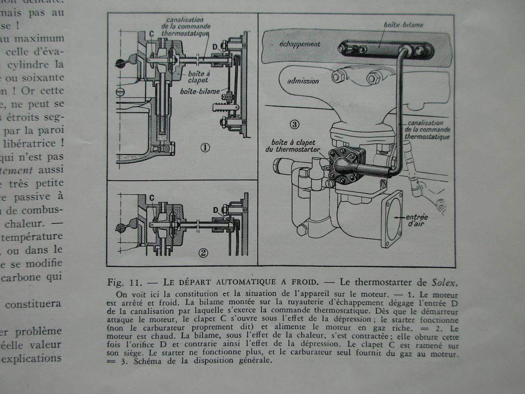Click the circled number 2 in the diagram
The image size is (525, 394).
tap(203, 253)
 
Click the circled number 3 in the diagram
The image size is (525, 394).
tap(294, 124)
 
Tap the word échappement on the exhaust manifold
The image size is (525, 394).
tap(300, 44)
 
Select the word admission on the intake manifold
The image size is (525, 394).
tap(303, 81)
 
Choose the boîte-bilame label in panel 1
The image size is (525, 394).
tap(196, 92)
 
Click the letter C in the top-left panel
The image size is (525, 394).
tap(152, 33)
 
